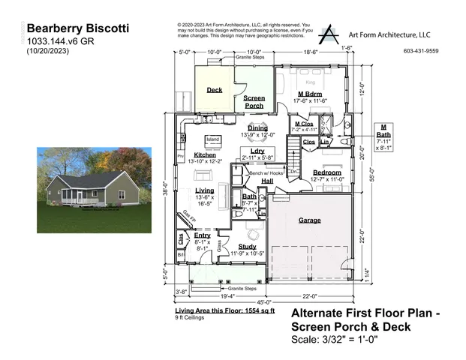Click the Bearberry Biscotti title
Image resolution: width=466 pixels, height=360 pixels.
point(78,28)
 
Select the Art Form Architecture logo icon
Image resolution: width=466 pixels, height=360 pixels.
point(329,34)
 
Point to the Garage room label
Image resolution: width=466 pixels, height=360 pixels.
point(309,220)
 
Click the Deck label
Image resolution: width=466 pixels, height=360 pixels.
point(214,90)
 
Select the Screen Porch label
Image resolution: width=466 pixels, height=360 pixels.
point(254,102)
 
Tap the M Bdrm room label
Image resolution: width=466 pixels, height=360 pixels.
point(309,93)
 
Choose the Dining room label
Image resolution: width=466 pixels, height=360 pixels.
point(257,128)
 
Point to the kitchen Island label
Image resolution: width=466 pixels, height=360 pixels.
point(212,139)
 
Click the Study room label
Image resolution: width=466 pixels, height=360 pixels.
point(247,246)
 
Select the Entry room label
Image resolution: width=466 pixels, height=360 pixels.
point(203,235)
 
